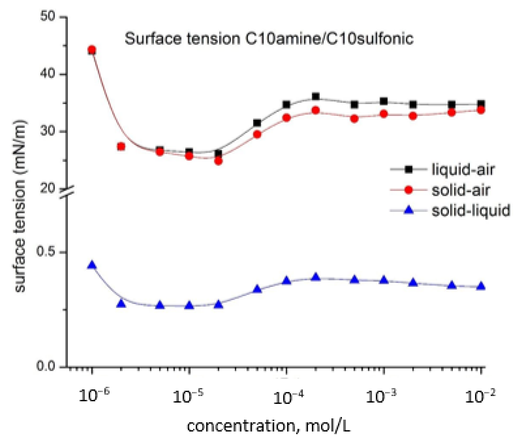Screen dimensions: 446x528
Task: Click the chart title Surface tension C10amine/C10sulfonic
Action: click(269, 39)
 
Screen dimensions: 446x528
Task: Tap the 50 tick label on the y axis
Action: click(48, 17)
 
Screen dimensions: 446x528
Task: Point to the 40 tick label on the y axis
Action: click(48, 74)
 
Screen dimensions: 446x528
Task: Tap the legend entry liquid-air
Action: click(462, 170)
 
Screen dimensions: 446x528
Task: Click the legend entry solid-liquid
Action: click(470, 210)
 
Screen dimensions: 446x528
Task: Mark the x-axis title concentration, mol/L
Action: click(269, 426)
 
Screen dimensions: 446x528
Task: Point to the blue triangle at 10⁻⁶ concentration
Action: click(92, 265)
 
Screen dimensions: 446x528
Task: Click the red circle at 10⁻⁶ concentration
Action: click(92, 50)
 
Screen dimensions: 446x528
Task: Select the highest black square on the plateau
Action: click(316, 96)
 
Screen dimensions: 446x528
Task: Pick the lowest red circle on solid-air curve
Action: click(218, 161)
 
